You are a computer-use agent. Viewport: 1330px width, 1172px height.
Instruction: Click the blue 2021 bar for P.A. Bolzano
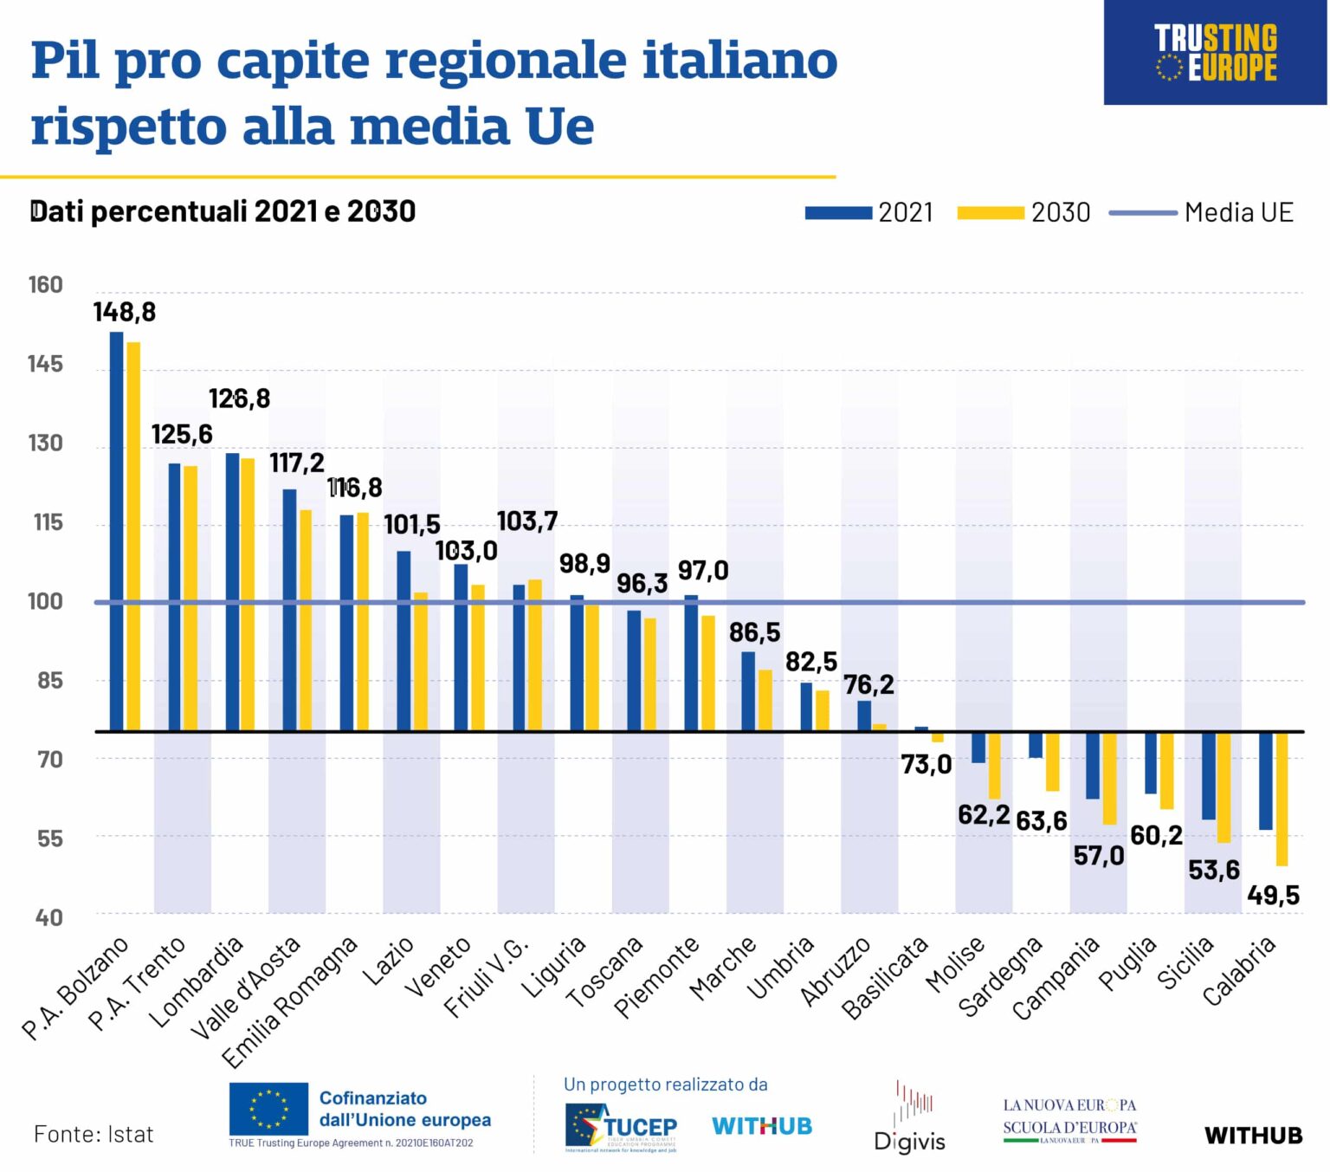pos(116,531)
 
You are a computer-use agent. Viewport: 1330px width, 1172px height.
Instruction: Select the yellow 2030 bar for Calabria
pos(1282,799)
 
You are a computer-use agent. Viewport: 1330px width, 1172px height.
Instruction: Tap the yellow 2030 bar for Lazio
pos(421,662)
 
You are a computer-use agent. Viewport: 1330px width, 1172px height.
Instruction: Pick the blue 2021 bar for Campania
pos(1093,766)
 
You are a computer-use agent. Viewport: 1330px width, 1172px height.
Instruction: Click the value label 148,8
pos(125,312)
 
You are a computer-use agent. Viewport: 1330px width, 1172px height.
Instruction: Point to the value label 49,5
pos(1273,895)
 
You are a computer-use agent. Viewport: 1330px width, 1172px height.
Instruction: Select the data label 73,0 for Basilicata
pos(926,764)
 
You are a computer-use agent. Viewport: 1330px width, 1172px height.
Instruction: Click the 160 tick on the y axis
pos(45,285)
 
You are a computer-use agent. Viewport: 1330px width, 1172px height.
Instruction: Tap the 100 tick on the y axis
pos(45,601)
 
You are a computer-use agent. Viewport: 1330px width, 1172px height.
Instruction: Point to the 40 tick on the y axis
pos(48,917)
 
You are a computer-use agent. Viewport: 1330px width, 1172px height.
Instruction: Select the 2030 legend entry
pos(1023,212)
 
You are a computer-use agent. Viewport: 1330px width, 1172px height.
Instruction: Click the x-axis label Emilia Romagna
pos(290,1002)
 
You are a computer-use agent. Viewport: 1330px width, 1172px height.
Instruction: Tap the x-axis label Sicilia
pos(1187,962)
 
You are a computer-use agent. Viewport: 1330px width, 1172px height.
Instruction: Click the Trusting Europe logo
pos(1215,53)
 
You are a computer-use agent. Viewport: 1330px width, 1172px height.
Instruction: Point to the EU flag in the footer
pos(268,1109)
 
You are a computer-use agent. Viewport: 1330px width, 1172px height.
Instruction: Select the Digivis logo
pos(910,1118)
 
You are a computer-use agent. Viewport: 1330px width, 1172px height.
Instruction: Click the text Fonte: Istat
pos(94,1134)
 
